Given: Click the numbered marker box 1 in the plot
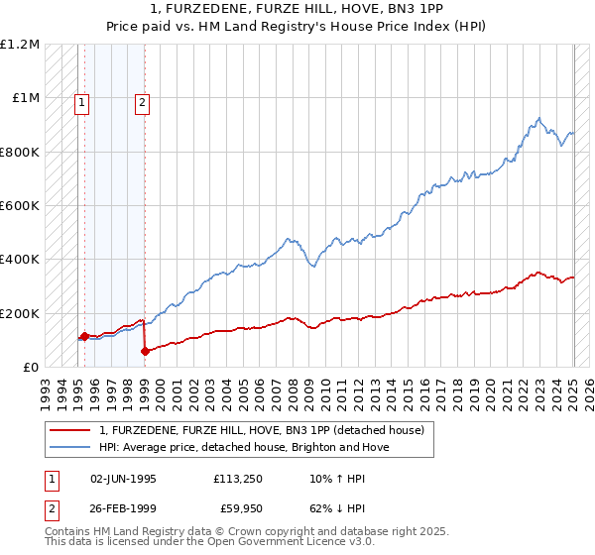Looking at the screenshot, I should [80, 100].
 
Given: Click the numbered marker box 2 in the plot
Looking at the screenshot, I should [143, 100].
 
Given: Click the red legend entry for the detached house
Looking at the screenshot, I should [262, 430].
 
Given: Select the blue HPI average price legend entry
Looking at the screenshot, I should [244, 447].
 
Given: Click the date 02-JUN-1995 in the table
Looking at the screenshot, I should [123, 479].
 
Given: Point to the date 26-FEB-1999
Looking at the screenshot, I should [123, 510].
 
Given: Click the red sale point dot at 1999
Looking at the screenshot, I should [145, 351].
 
